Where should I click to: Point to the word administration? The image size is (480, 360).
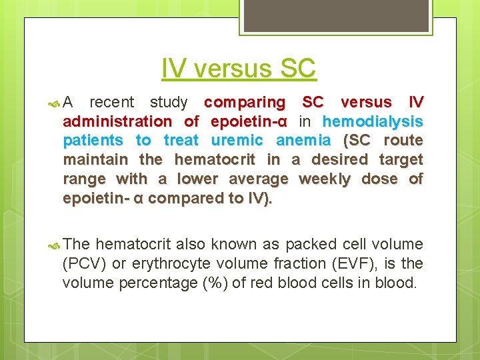[117, 121]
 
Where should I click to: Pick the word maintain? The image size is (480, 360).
[95, 160]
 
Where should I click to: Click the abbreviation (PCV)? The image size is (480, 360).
[84, 263]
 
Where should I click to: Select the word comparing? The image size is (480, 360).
[244, 102]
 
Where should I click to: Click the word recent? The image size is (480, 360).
[111, 102]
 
